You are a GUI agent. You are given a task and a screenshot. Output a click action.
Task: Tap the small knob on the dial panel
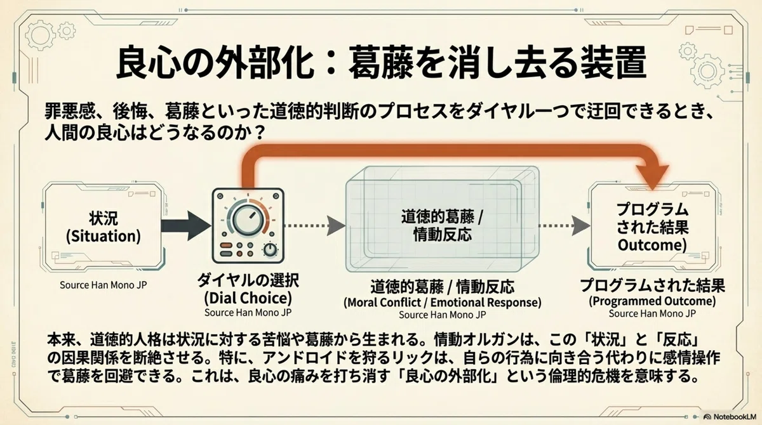click(270, 250)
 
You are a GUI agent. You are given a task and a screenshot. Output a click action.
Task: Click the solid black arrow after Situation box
click(185, 226)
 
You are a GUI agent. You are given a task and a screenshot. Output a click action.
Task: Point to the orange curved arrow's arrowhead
click(653, 176)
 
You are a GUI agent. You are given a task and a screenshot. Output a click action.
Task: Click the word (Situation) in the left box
click(104, 237)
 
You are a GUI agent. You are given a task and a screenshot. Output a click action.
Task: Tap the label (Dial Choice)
click(248, 298)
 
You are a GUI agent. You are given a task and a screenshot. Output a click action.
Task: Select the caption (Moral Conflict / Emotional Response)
click(442, 303)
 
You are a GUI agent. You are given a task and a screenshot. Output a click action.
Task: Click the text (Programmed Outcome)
click(652, 301)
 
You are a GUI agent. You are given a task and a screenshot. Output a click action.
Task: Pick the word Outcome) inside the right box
click(652, 245)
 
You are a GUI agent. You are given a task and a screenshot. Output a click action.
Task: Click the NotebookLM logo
click(730, 417)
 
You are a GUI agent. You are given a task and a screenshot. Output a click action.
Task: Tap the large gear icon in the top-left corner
click(40, 35)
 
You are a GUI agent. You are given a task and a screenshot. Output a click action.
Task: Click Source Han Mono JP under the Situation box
click(104, 285)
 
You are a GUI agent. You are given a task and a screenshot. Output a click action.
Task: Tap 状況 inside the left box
click(104, 218)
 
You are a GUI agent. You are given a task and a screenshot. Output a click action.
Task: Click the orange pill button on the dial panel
click(226, 245)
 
